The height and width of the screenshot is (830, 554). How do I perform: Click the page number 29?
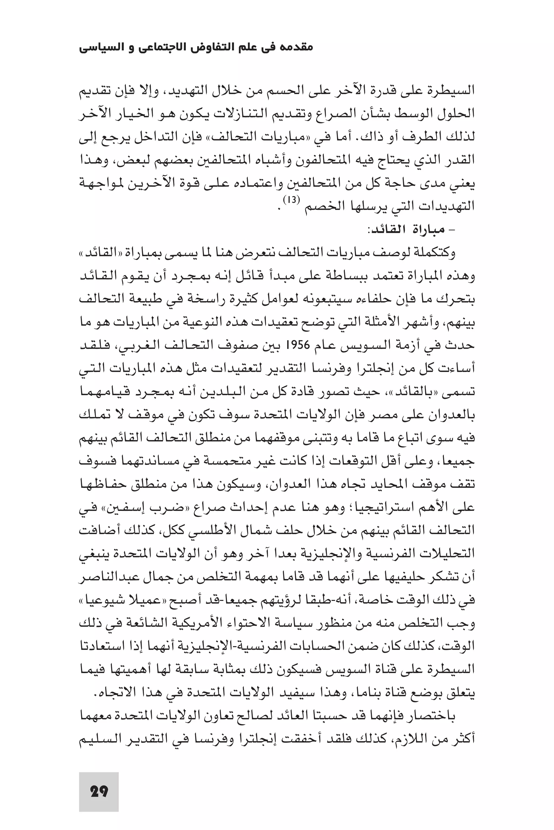tap(99, 791)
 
